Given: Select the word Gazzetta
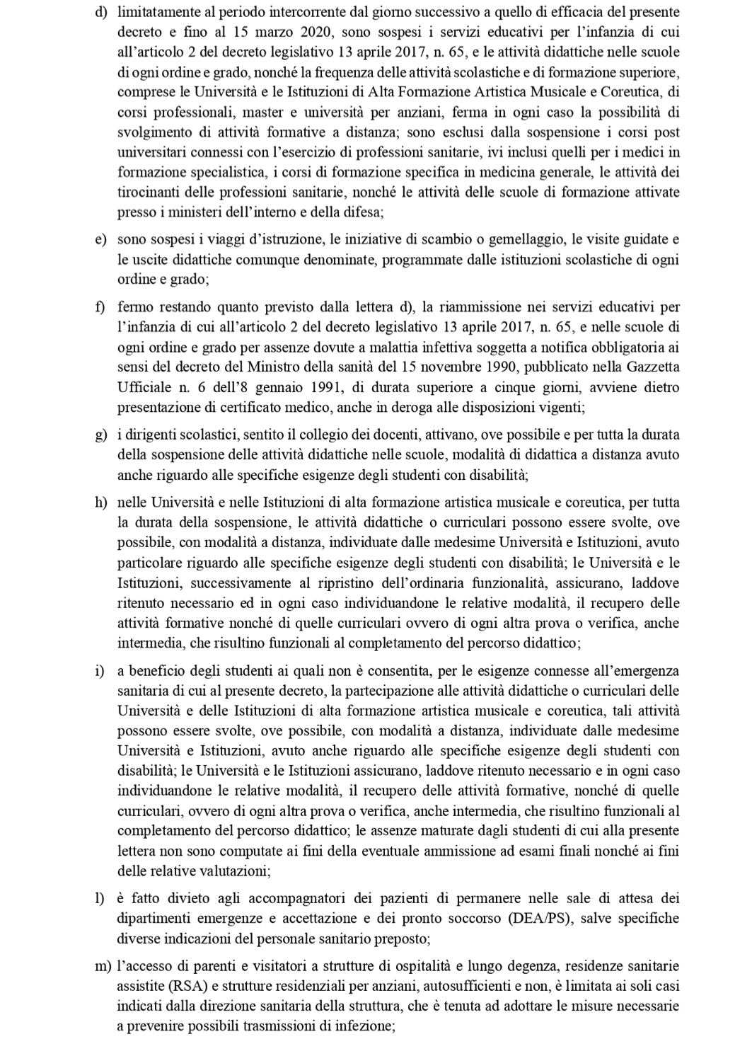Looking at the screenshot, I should [649, 367].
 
